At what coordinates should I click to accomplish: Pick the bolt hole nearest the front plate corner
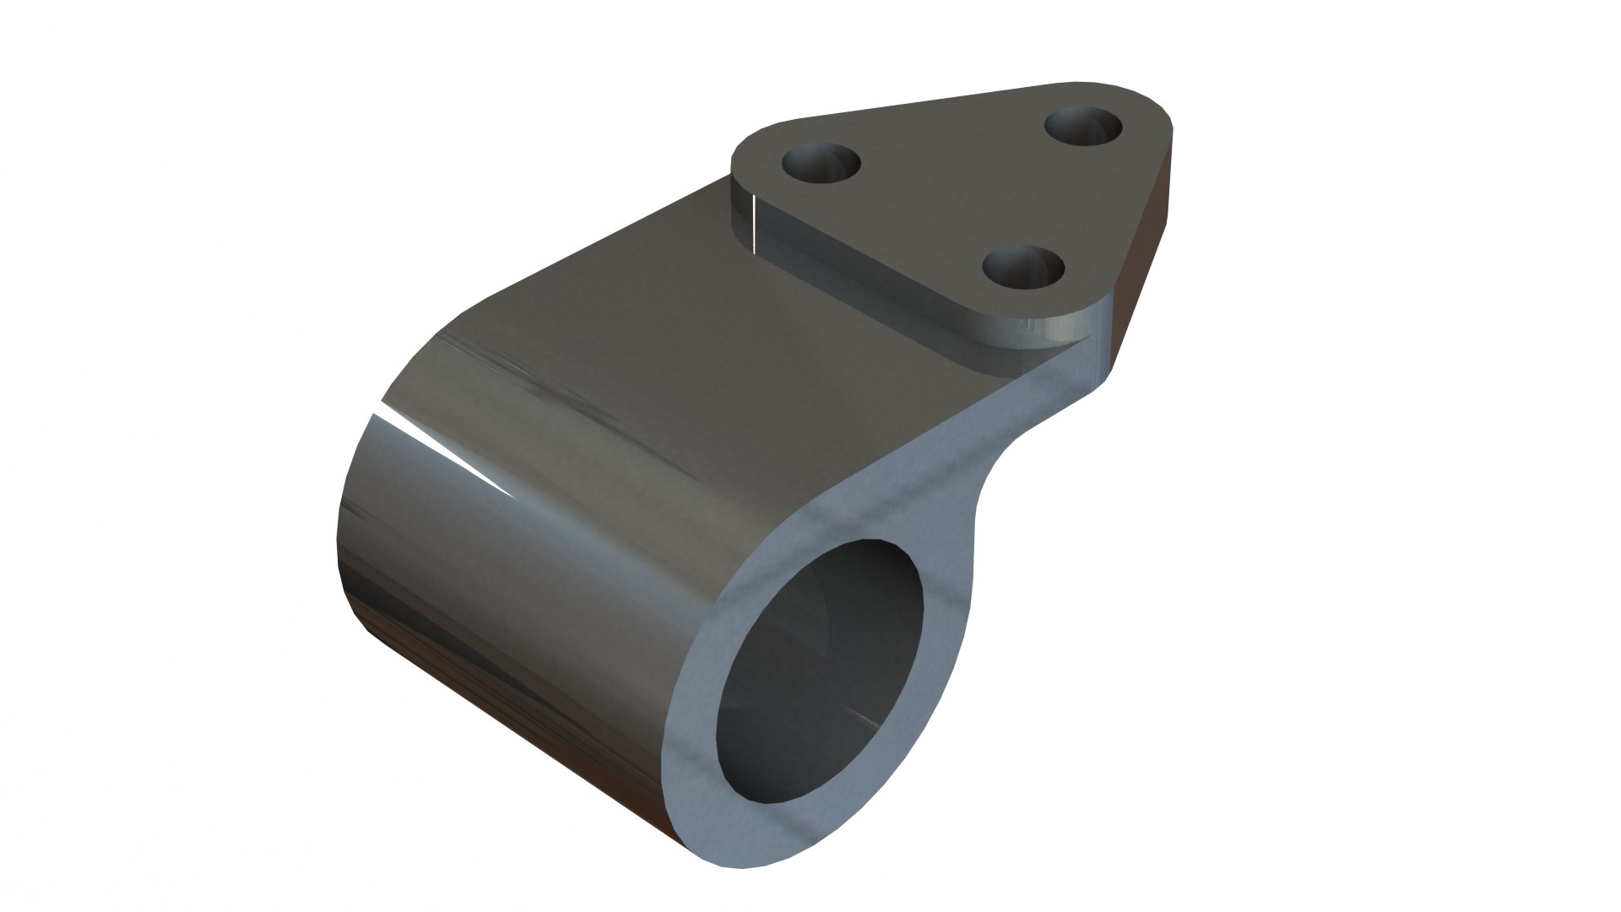click(1023, 269)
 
